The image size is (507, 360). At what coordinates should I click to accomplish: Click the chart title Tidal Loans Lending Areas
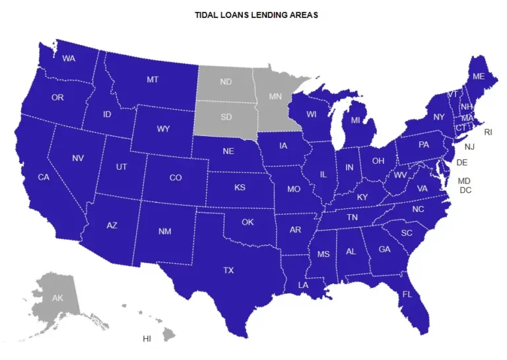(x=256, y=15)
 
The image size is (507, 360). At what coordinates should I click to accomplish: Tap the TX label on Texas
(x=228, y=270)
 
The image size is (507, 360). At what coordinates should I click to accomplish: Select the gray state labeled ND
(x=226, y=82)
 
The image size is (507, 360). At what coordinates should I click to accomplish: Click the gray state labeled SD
(x=226, y=117)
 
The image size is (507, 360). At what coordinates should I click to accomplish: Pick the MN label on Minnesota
(x=275, y=96)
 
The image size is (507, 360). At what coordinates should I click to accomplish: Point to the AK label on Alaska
(x=57, y=298)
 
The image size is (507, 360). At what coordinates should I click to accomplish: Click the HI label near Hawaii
(x=147, y=339)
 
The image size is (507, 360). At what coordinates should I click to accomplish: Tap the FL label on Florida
(x=407, y=294)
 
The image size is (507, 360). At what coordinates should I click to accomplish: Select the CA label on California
(x=44, y=177)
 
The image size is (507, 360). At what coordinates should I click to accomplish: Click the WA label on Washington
(x=69, y=58)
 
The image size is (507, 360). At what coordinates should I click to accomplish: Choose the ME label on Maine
(x=479, y=77)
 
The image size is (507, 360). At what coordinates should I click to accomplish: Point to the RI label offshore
(x=488, y=132)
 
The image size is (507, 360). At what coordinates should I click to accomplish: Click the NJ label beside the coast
(x=469, y=147)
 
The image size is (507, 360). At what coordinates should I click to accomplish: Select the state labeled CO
(x=176, y=178)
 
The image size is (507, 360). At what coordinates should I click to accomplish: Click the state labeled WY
(x=163, y=129)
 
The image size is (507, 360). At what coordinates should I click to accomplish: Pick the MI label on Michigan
(x=355, y=120)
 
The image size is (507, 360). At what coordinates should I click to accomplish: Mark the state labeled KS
(x=240, y=188)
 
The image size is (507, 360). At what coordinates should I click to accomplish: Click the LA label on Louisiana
(x=303, y=285)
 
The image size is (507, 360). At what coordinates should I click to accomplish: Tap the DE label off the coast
(x=462, y=162)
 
